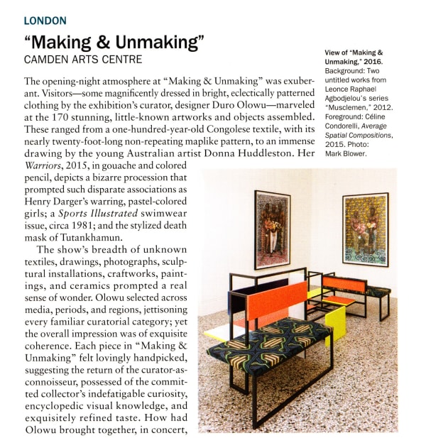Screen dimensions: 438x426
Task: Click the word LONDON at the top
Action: [x=45, y=21]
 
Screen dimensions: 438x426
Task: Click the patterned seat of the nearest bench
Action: [x=270, y=342]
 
